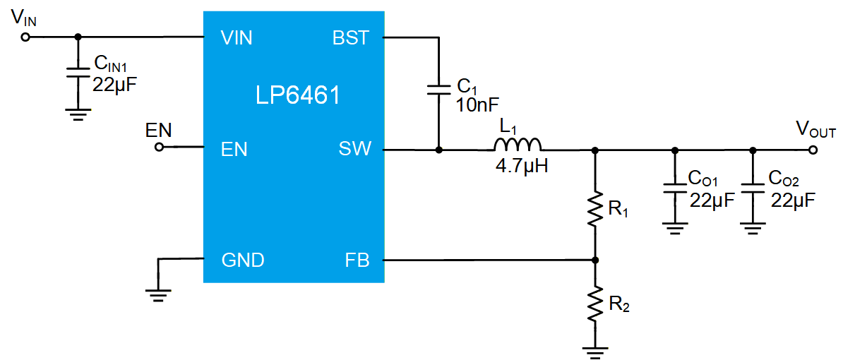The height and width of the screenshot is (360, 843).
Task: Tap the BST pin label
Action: point(352,38)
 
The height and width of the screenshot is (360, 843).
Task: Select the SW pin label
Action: point(355,149)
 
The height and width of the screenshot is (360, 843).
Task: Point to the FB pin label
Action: point(357,260)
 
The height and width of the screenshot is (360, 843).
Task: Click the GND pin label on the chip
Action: point(242,260)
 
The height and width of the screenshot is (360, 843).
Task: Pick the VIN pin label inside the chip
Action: point(237,38)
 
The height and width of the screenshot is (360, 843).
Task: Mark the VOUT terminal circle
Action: point(813,150)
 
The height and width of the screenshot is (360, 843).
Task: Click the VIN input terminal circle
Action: point(25,37)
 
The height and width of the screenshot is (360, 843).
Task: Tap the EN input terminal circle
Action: point(159,148)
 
